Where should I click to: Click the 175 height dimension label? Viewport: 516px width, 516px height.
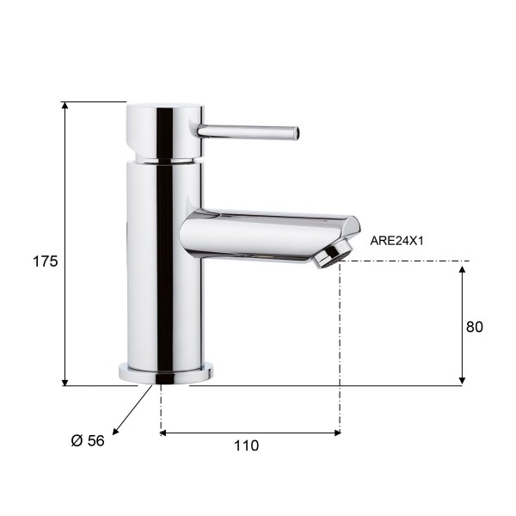point(45,261)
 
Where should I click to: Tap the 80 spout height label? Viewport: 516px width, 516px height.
point(474,327)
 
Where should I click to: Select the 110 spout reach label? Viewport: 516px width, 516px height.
point(246,445)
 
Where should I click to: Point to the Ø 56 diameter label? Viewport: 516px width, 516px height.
point(88,440)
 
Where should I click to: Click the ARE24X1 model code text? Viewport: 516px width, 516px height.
point(396,241)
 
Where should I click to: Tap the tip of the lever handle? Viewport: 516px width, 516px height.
point(298,133)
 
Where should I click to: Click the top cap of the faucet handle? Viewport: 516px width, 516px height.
point(165,107)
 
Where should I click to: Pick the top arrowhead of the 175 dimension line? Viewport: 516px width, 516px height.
point(64,105)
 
